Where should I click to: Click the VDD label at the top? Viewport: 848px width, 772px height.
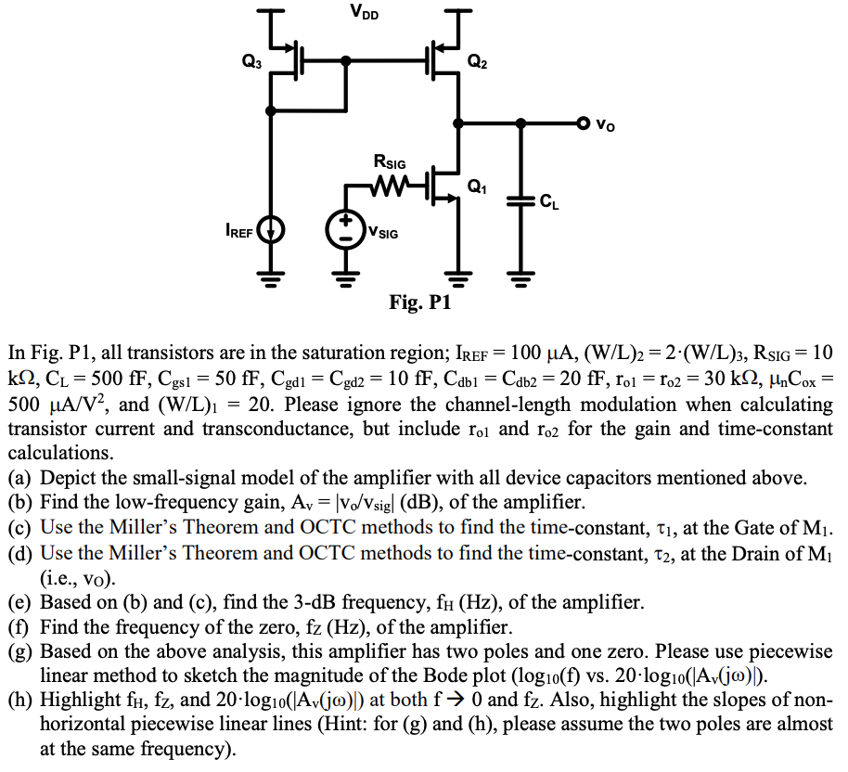click(x=365, y=12)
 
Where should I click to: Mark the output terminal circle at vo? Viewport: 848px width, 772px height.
click(x=583, y=122)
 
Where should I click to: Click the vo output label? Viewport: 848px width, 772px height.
click(x=604, y=122)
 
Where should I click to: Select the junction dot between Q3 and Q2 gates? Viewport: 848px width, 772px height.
click(x=346, y=62)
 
